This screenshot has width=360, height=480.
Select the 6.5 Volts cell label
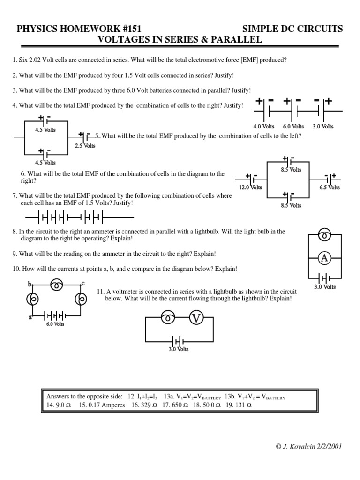point(330,187)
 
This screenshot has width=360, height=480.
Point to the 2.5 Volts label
point(85,146)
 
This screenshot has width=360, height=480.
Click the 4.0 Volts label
point(263,126)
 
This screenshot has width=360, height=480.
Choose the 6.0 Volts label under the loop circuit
point(55,324)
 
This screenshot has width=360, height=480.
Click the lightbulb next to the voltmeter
point(167,319)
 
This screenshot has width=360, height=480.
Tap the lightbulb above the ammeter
point(325,234)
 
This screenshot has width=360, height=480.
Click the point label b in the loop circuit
point(30,284)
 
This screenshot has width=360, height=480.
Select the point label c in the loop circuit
point(83,283)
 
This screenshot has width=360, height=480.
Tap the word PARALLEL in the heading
point(235,40)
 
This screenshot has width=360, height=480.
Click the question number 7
point(15,196)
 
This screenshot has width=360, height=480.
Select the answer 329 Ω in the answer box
point(145,405)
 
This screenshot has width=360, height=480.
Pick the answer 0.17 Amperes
point(101,405)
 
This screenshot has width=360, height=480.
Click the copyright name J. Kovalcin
point(300,446)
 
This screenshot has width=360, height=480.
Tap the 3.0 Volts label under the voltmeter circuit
point(179,349)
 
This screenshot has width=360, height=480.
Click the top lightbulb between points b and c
point(57,284)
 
